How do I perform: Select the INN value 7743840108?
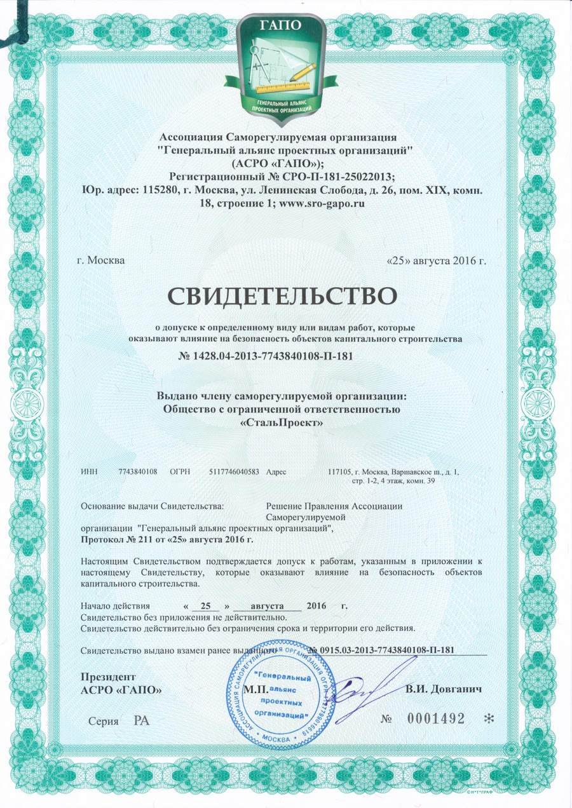click(138, 471)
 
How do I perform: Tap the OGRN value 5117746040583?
click(234, 471)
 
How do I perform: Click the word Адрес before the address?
click(277, 471)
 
